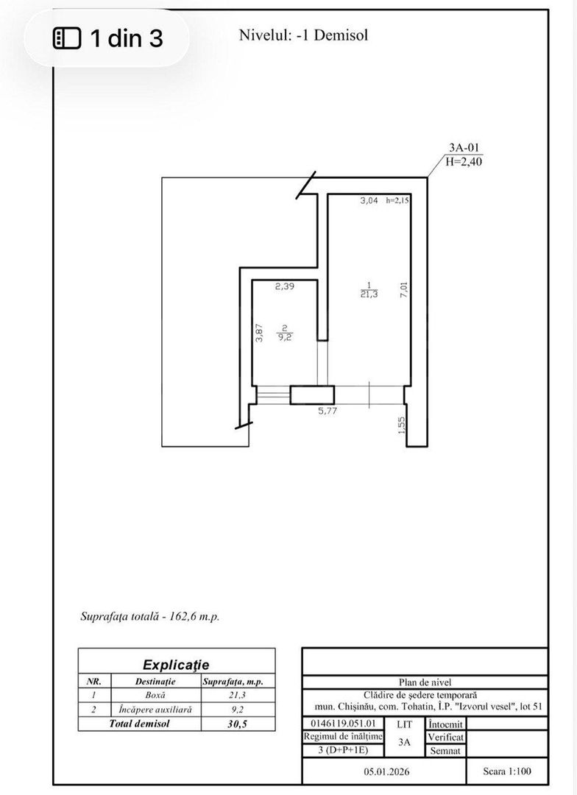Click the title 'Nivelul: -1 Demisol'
(303, 35)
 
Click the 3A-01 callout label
(464, 148)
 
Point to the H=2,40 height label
(464, 163)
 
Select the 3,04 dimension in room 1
(369, 200)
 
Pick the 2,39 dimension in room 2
(285, 287)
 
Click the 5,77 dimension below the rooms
(328, 411)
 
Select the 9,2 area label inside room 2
(283, 339)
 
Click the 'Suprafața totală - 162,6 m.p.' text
(149, 616)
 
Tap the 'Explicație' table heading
(176, 665)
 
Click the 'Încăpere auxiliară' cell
(155, 710)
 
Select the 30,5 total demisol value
(237, 724)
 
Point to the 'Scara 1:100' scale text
(506, 771)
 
